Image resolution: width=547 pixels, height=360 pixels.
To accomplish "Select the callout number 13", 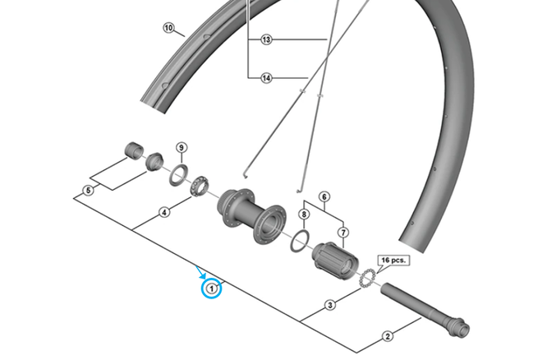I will (x=266, y=39).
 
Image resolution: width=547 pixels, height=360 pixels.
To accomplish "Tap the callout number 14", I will (x=266, y=78).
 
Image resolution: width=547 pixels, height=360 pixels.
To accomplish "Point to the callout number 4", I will (x=324, y=196).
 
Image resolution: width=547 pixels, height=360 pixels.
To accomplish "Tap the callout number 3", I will (x=330, y=306).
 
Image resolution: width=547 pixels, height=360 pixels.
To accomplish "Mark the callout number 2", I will (x=388, y=335).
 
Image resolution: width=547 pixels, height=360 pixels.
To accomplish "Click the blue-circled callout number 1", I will (x=213, y=288).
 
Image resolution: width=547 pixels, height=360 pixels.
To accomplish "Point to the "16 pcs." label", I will (x=393, y=260).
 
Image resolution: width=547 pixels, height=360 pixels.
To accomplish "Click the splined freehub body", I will (x=334, y=259).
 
